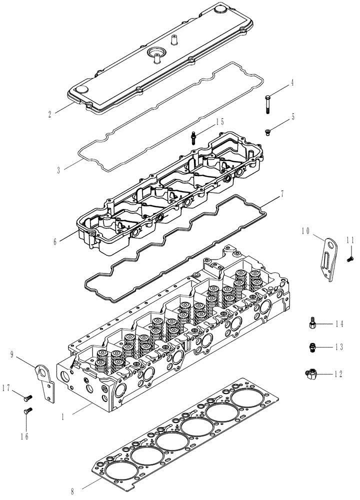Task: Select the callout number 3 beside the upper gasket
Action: (58, 170)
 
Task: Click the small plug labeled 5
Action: (268, 131)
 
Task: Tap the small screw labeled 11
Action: (350, 258)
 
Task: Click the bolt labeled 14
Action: (312, 324)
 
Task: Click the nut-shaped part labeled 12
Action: (310, 372)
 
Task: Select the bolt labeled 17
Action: (27, 397)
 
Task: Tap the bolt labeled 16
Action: (27, 411)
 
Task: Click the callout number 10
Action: (306, 230)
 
